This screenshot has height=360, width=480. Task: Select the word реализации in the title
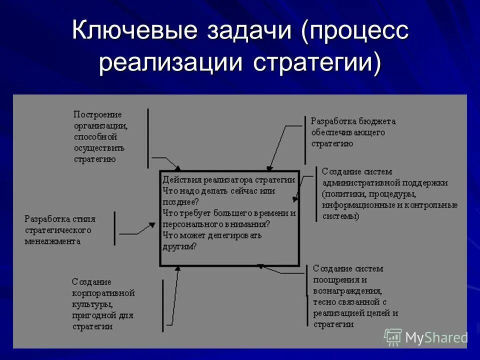click(171, 63)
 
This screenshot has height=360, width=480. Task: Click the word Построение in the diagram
click(98, 114)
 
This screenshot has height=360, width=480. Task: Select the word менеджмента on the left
click(52, 241)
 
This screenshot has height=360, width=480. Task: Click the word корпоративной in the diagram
click(103, 292)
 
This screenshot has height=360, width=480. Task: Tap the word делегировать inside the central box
click(235, 235)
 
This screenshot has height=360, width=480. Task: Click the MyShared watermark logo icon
click(393, 337)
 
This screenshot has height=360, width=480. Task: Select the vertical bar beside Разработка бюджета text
click(304, 131)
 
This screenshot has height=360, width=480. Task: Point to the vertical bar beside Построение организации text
click(148, 138)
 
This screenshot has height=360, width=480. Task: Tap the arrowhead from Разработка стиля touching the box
click(153, 225)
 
